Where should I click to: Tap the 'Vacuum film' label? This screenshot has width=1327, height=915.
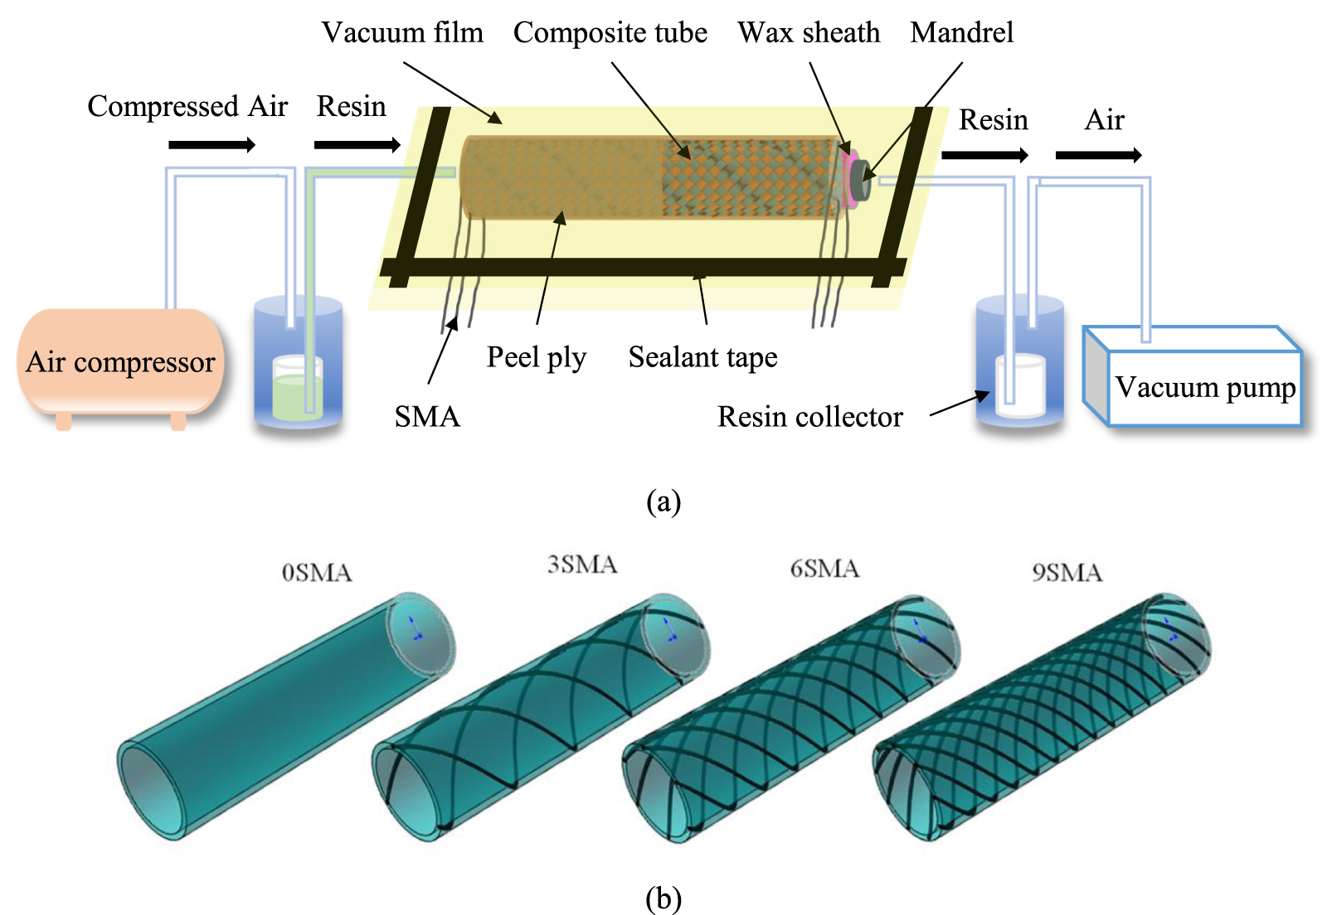coord(402,33)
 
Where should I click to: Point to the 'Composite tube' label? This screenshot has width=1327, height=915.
coord(610,33)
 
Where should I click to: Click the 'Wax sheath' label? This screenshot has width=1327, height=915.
coord(809,33)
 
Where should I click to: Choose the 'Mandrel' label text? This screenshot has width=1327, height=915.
coord(961,33)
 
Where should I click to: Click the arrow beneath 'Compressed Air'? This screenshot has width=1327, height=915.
coord(211,145)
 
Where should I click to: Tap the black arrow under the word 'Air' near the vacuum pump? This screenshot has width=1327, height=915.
coord(1098,155)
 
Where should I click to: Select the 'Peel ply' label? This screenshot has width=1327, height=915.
coord(536,357)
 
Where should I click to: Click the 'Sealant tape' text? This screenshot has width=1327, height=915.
coord(702,357)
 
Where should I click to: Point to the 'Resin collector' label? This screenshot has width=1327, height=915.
coord(809,416)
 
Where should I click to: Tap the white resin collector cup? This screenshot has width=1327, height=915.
coord(1020,385)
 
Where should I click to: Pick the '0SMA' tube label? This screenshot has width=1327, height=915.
coord(317,573)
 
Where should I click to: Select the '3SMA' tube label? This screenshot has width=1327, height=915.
coord(582,565)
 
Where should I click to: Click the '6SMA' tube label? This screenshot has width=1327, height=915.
coord(824,569)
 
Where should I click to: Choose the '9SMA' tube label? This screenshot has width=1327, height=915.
coord(1067,573)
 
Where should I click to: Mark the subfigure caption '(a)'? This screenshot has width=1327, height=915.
coord(663,501)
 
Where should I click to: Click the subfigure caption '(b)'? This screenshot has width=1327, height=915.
coord(663,898)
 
